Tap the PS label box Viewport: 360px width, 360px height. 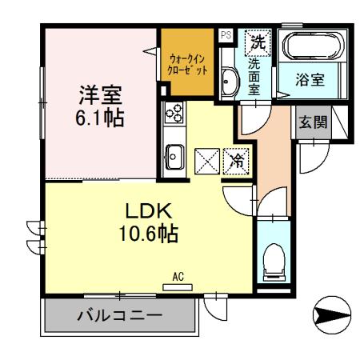tap(226, 34)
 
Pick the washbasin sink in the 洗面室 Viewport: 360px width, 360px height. tap(227, 81)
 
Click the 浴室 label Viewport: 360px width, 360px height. tap(313, 81)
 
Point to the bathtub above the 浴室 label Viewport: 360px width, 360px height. tap(313, 49)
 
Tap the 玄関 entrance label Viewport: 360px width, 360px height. tap(313, 122)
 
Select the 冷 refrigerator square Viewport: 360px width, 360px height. tap(236, 161)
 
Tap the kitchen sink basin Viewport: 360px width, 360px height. tap(174, 154)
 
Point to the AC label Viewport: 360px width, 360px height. tap(179, 278)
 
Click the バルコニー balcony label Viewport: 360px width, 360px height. tap(119, 315)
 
